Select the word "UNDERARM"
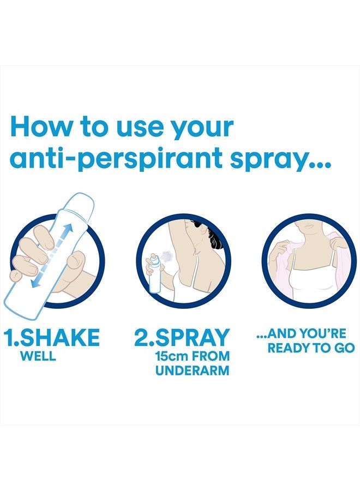(x=193, y=372)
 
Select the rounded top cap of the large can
(x=82, y=203)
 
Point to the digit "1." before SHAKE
(x=11, y=338)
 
